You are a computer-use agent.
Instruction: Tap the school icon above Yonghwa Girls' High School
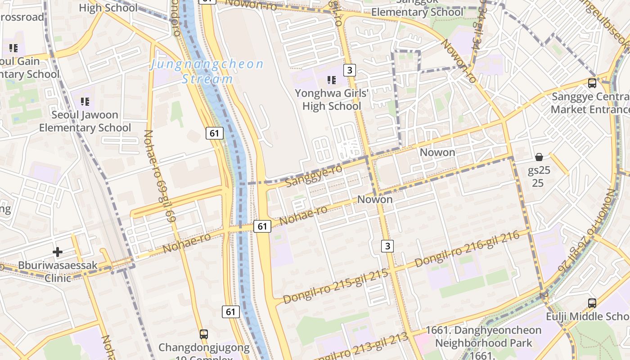coord(332,81)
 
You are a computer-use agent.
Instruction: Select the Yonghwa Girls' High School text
coord(332,100)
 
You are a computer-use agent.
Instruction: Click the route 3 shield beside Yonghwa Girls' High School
coord(350,70)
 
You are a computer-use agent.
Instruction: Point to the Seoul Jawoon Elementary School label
coord(85,121)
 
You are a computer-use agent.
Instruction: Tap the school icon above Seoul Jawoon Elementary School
coord(85,102)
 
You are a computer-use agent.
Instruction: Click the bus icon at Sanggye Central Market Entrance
coord(592,83)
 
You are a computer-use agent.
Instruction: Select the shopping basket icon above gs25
coord(539,157)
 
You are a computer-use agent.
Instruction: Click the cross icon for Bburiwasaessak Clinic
coord(58,252)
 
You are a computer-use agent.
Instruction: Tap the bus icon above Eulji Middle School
coord(592,303)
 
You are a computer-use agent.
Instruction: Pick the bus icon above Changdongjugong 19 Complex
coord(204,334)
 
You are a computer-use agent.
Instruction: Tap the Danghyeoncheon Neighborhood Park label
coord(483,337)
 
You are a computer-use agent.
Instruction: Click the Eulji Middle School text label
coord(588,317)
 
